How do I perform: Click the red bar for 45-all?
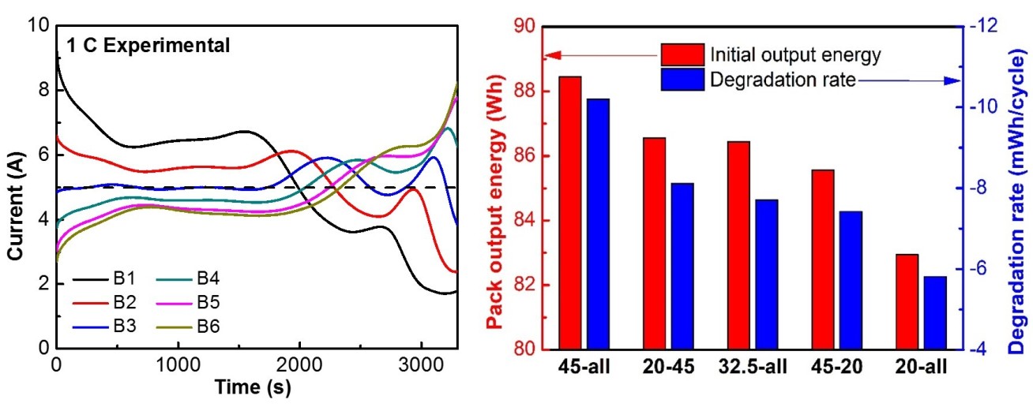point(570,213)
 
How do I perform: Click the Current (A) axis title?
point(13,188)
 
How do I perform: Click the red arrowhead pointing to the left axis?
point(551,55)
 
